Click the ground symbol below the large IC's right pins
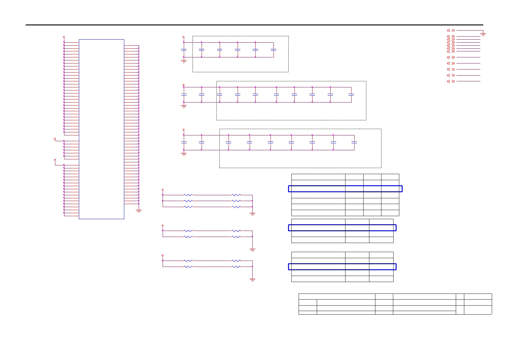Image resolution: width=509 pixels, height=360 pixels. point(139,211)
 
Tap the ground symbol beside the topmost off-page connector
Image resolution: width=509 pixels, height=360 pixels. point(483,34)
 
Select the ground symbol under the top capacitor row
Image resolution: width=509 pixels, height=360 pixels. point(183,61)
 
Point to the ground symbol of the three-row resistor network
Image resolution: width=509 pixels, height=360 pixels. point(252,214)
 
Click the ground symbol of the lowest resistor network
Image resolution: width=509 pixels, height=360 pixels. point(252,280)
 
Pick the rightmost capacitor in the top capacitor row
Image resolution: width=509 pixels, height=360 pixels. point(274,50)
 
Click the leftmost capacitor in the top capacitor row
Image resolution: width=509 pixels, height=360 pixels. point(183,50)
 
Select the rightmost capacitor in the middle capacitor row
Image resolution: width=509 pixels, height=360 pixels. point(351,95)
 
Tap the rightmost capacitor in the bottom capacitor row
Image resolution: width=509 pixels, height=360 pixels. point(354,142)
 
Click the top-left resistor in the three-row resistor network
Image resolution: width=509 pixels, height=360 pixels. point(188,195)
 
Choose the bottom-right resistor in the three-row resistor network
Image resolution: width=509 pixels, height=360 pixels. point(236,207)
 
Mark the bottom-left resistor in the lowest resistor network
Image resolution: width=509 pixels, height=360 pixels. point(188,267)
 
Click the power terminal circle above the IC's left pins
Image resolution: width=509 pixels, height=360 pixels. point(64,37)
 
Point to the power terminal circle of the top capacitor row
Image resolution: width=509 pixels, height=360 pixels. point(183,37)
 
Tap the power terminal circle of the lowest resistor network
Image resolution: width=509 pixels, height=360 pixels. point(163,255)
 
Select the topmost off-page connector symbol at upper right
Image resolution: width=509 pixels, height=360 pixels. point(451,31)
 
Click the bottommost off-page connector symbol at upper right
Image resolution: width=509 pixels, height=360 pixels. point(451,81)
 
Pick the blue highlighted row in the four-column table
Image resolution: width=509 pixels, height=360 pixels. point(345,189)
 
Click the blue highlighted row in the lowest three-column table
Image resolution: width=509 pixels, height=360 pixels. point(342,267)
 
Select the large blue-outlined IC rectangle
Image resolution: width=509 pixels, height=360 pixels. point(102,129)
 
